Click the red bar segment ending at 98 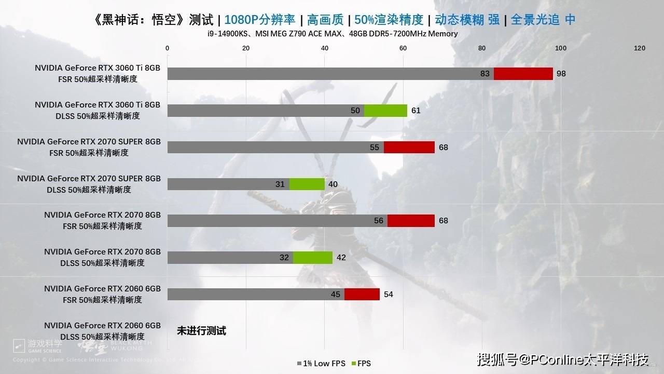tap(523, 74)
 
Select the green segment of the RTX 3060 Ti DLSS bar tap(385, 111)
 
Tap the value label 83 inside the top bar tap(485, 74)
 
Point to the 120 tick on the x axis tap(640, 48)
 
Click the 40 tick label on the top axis tap(325, 48)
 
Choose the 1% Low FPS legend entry tap(322, 364)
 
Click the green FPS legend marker tap(354, 364)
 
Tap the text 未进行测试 tap(201, 331)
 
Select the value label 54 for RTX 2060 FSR tap(388, 295)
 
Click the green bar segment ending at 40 tap(307, 184)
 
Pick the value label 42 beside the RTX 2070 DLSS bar tap(341, 258)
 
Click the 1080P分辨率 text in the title tap(260, 20)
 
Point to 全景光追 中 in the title tap(543, 20)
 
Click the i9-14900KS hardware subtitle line tap(331, 34)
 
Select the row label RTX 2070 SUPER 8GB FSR tap(89, 147)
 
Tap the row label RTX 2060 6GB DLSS tap(102, 331)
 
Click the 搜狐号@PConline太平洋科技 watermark tap(563, 359)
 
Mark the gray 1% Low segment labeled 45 tap(256, 295)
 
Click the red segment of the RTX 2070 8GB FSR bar tap(411, 221)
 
